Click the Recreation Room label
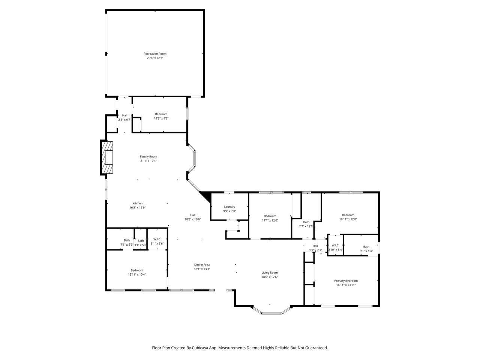(x=155, y=54)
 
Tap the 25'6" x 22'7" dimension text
(x=155, y=58)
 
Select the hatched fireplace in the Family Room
(x=107, y=157)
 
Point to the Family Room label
(x=148, y=156)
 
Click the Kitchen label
(x=138, y=203)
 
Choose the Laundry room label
(x=229, y=207)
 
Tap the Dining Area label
(x=202, y=265)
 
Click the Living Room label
(x=270, y=273)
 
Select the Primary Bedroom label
(x=346, y=280)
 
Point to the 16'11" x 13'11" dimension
(x=346, y=285)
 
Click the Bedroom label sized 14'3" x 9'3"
(x=161, y=114)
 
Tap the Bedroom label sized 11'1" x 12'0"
(x=270, y=216)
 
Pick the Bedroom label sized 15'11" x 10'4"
(x=137, y=270)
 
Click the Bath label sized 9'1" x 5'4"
(x=366, y=247)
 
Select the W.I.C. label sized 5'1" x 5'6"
(x=157, y=239)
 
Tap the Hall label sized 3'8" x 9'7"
(x=124, y=115)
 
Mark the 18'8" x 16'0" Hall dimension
(x=193, y=219)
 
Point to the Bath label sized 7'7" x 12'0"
(x=306, y=222)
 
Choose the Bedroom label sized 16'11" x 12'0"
(x=348, y=215)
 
